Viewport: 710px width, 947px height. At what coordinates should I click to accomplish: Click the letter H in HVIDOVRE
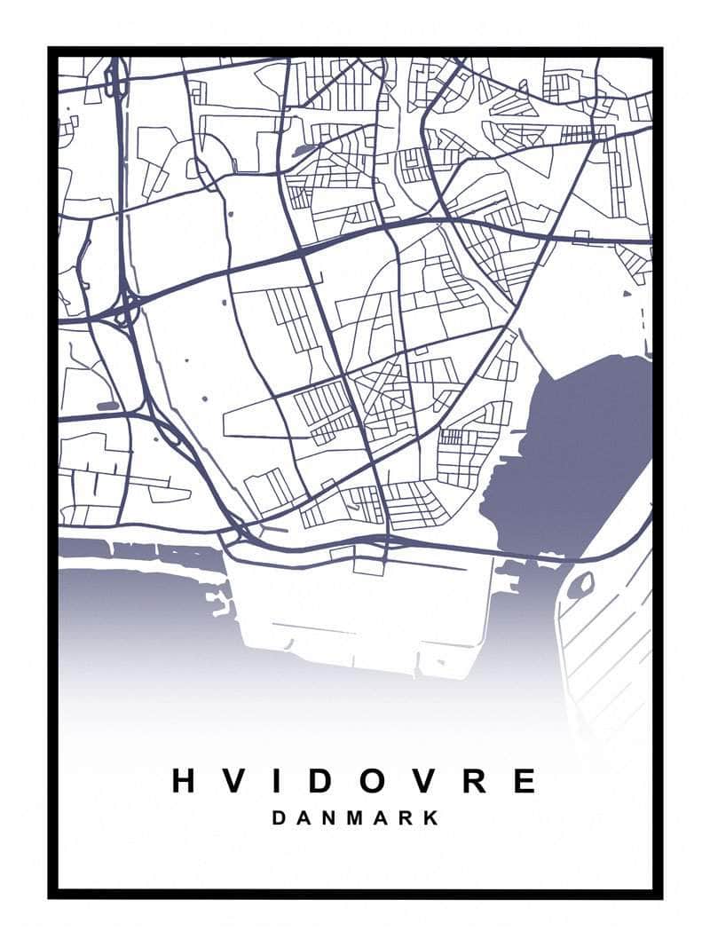coord(184,781)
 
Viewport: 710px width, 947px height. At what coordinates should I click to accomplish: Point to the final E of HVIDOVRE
coord(525,781)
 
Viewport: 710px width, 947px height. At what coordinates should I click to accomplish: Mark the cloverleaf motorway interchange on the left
coord(124,310)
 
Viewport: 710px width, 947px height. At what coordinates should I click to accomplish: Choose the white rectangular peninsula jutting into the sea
coord(364,612)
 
